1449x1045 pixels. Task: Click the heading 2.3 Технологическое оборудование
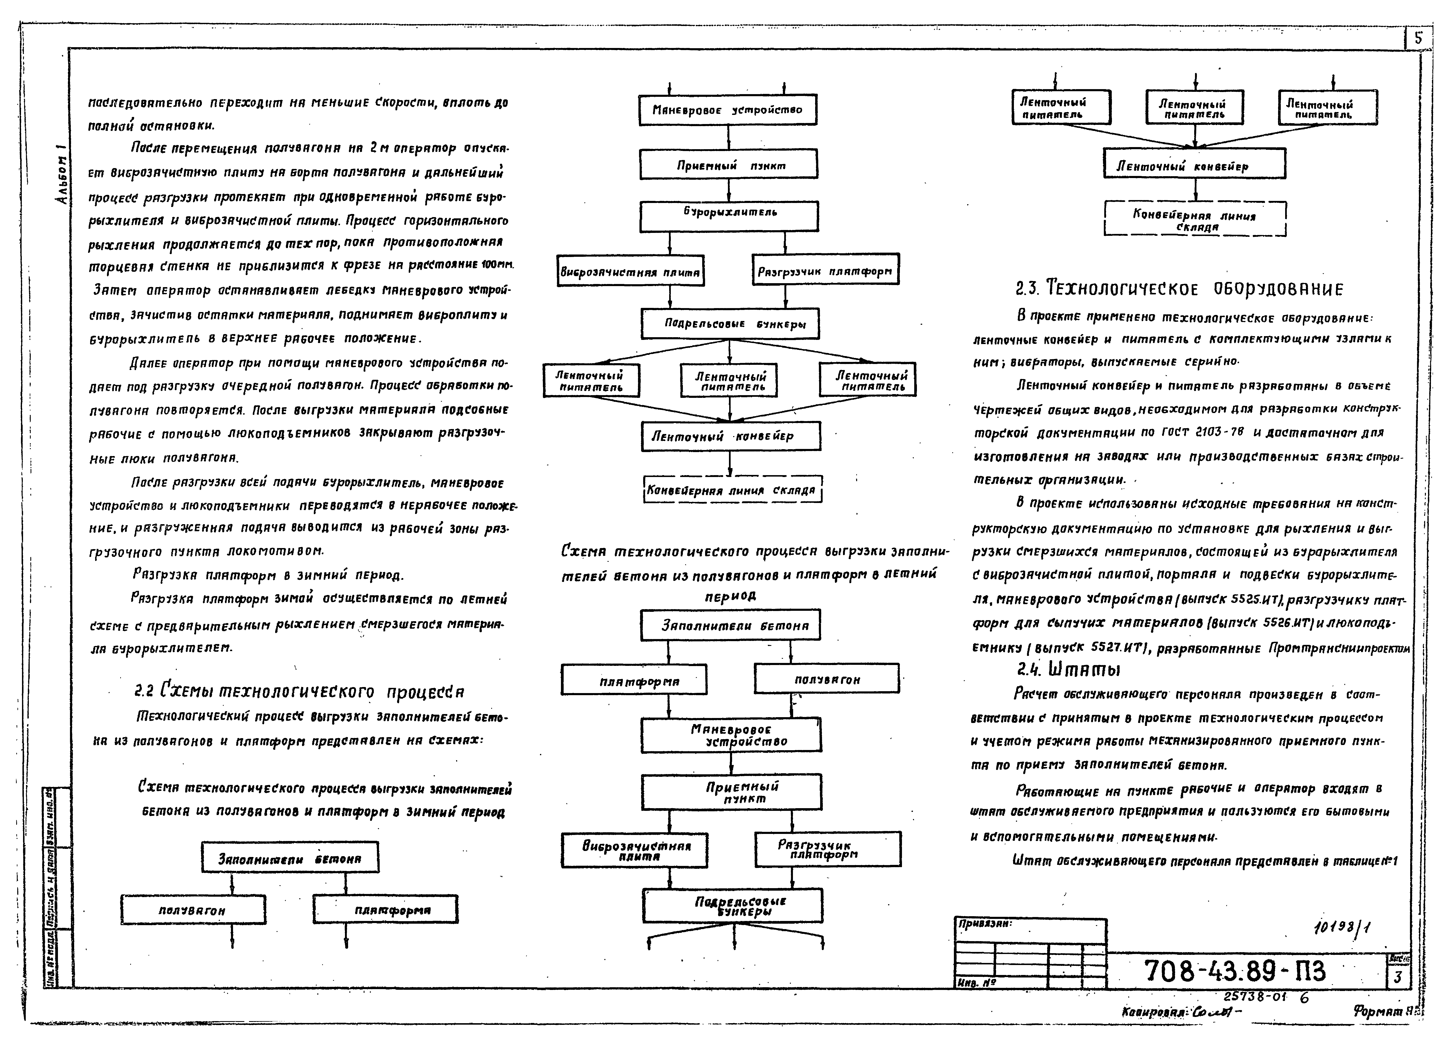tap(1179, 289)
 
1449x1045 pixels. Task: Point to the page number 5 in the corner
tap(1418, 38)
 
